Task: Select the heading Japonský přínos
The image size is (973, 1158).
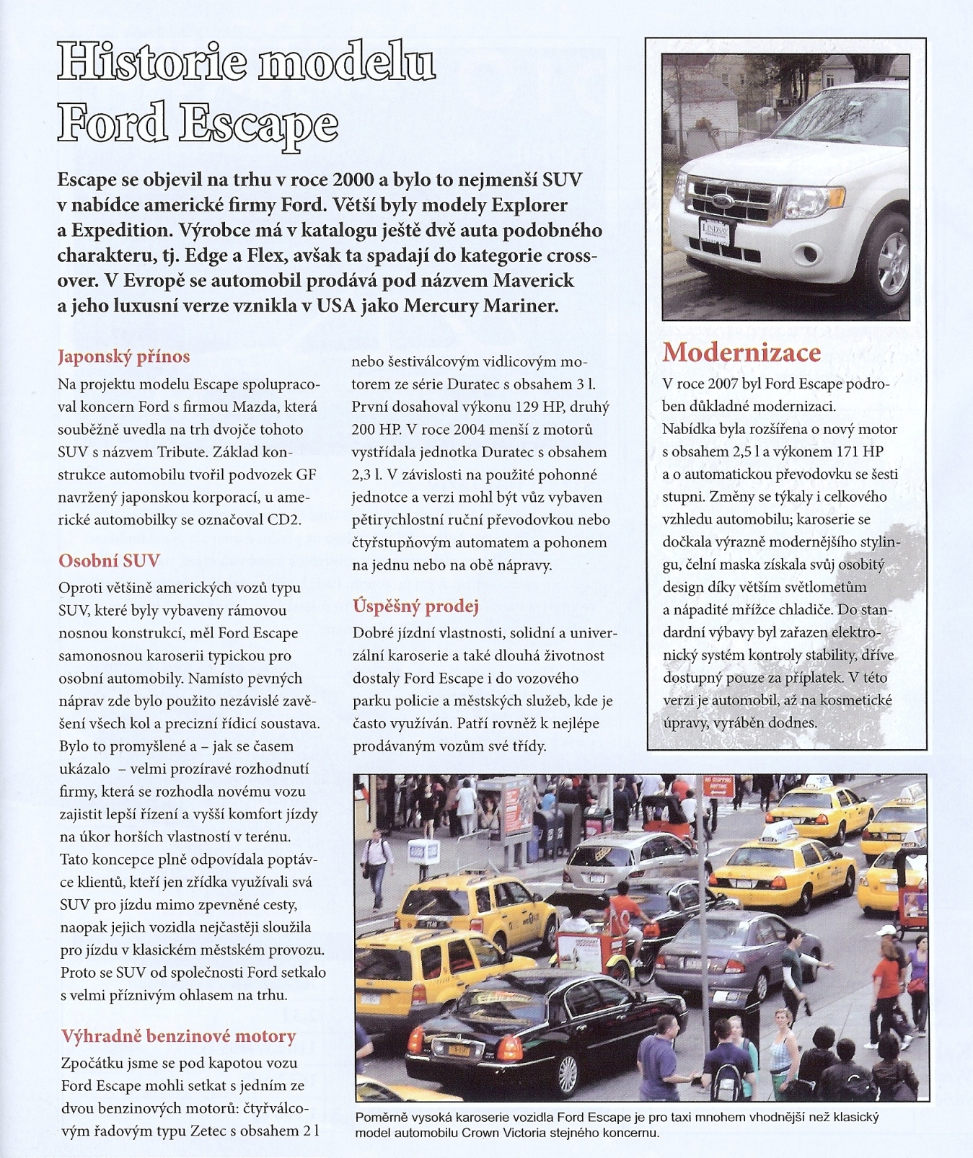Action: click(x=123, y=357)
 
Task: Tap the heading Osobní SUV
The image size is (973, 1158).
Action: click(x=109, y=561)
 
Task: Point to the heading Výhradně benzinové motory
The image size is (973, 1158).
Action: click(x=178, y=1036)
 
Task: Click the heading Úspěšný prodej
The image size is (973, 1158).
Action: click(x=415, y=606)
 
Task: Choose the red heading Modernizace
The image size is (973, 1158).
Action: click(x=741, y=352)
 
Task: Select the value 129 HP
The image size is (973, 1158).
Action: click(x=516, y=407)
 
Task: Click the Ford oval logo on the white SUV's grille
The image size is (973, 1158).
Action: click(x=722, y=200)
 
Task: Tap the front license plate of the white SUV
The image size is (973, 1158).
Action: click(x=713, y=232)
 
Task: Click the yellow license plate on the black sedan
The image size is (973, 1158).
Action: click(x=459, y=1050)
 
